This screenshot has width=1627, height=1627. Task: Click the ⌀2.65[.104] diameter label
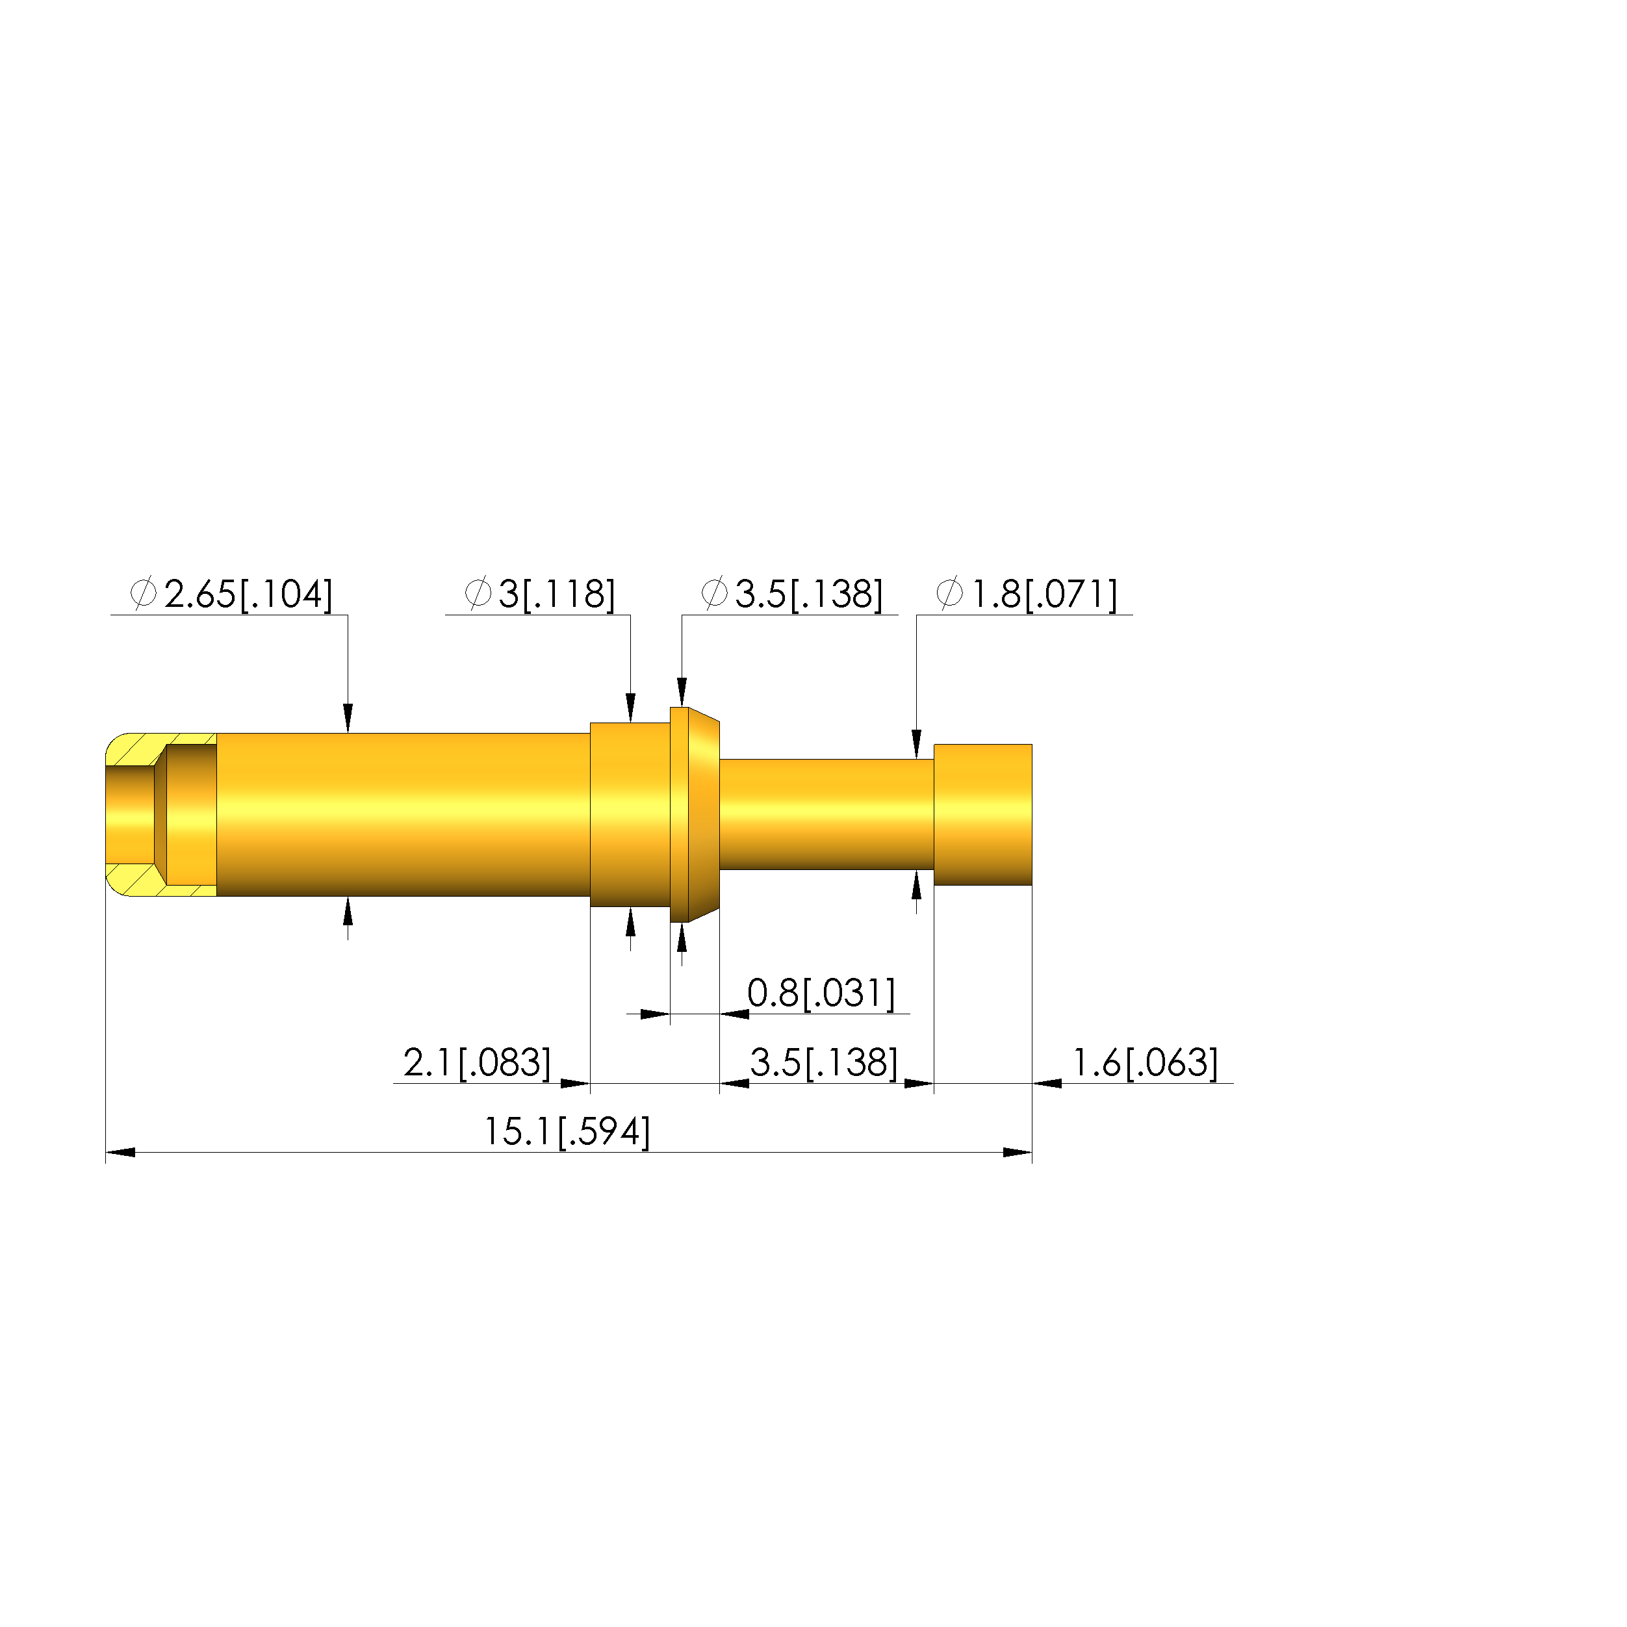[231, 595]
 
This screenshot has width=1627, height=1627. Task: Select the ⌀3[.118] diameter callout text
[540, 595]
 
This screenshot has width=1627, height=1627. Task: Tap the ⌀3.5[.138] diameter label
[791, 595]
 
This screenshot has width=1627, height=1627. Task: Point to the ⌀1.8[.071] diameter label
[1027, 595]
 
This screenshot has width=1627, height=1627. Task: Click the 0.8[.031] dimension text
[821, 993]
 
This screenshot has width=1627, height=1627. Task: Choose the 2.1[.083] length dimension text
[478, 1063]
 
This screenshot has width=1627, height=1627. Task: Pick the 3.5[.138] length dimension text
[825, 1063]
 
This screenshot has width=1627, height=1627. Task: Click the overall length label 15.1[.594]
[567, 1132]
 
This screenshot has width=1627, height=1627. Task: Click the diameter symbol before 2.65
[143, 594]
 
